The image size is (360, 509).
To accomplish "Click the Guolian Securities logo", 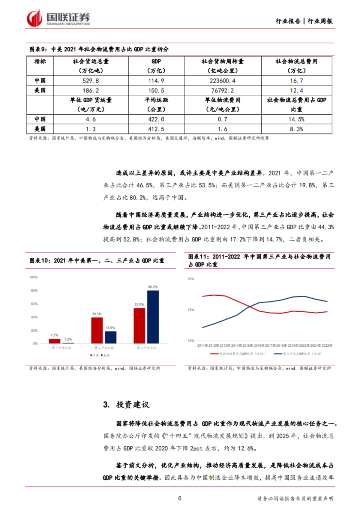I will (x=58, y=18).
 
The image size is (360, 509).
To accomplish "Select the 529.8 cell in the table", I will (x=91, y=81).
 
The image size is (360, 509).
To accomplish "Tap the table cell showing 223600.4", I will (x=222, y=81).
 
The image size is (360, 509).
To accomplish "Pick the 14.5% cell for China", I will (x=296, y=119).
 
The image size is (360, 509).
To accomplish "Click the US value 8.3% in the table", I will (x=296, y=129).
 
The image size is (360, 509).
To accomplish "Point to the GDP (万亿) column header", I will (x=156, y=66).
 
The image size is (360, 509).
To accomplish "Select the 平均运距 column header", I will (x=156, y=105).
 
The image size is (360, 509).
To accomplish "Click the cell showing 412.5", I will (x=156, y=129).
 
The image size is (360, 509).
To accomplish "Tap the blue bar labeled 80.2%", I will (x=153, y=317).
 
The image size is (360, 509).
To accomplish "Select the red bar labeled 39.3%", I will (x=97, y=330).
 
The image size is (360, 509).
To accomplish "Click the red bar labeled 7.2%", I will (x=54, y=341).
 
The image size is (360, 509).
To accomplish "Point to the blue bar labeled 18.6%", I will (x=110, y=337).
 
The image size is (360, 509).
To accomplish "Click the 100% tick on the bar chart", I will (x=33, y=277).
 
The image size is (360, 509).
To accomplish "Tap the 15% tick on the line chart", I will (x=191, y=310).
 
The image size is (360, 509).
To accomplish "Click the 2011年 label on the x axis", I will (x=202, y=346).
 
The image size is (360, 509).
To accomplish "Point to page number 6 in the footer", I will (x=180, y=498).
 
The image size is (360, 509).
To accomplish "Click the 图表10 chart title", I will (x=97, y=260).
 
